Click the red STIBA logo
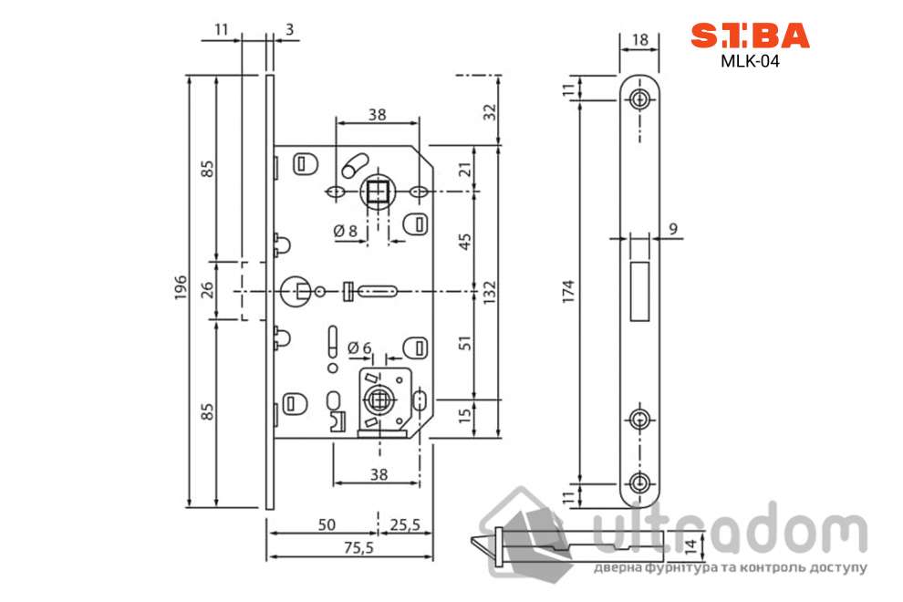[750, 36]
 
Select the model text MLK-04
[750, 61]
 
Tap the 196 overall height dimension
[181, 287]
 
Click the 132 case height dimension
[489, 292]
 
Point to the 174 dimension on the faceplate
[568, 292]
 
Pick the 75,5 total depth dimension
[358, 547]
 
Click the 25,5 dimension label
[405, 524]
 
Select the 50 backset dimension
[327, 524]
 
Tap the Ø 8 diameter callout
[346, 231]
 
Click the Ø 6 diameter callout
[359, 348]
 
